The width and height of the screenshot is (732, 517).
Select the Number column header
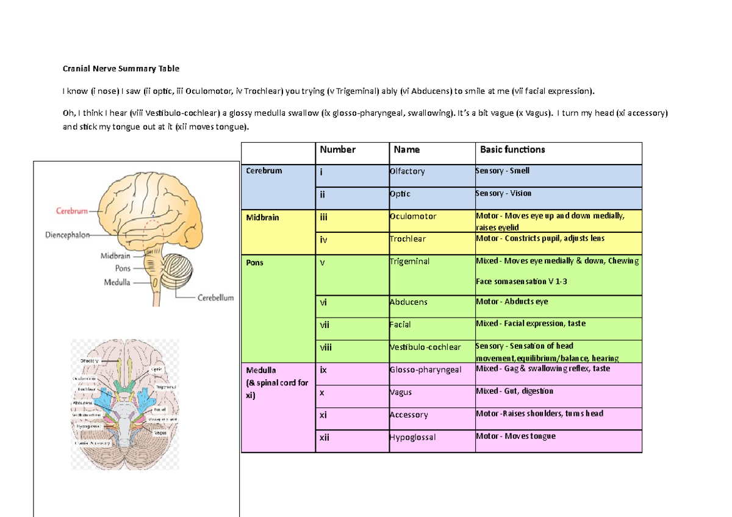tap(337, 149)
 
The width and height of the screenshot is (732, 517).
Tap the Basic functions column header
tap(512, 149)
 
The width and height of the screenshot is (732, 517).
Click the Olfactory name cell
tap(407, 171)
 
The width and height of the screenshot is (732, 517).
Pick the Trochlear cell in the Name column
tap(407, 240)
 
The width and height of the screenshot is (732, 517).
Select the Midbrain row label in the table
tap(262, 218)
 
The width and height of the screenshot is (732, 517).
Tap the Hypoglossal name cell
tap(412, 437)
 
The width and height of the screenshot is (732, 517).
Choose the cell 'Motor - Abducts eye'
tap(512, 301)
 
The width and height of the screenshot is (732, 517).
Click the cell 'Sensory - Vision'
tap(503, 193)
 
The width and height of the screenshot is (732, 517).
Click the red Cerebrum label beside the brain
tap(71, 211)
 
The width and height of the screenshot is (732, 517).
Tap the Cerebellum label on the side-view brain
tap(215, 298)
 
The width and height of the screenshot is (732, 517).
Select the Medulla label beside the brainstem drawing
tap(116, 282)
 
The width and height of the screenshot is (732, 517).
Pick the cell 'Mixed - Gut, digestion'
tap(514, 391)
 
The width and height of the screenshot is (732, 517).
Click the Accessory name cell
tap(409, 415)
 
